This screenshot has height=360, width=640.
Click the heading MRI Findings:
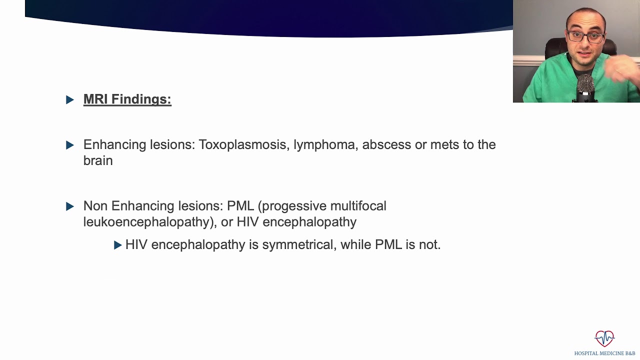click(x=127, y=99)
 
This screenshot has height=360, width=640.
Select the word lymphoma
click(x=324, y=144)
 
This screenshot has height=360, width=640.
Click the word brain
click(x=98, y=160)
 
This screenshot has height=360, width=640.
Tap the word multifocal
click(x=358, y=206)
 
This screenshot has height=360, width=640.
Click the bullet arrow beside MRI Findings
click(x=70, y=99)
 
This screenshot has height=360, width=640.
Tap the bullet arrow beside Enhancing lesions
click(x=70, y=145)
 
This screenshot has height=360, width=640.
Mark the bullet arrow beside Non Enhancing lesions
click(x=70, y=206)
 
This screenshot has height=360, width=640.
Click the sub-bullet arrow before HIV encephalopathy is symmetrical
click(x=118, y=244)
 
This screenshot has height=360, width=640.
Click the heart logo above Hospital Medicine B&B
click(x=604, y=338)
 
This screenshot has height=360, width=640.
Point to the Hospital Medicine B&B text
click(x=604, y=353)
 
